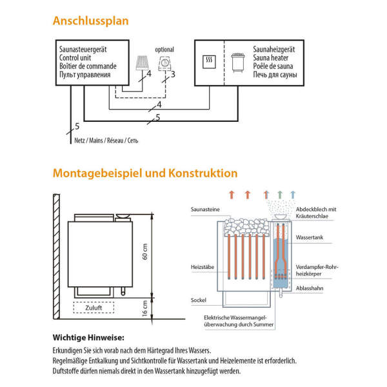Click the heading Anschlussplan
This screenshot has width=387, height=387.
coord(90,21)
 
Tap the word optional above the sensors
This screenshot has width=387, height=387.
coord(164,49)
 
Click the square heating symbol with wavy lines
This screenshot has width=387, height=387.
coord(209,62)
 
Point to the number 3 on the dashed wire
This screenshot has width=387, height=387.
coord(173,75)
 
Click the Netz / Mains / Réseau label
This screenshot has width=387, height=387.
coord(103,140)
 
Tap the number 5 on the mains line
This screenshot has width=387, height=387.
coord(77,126)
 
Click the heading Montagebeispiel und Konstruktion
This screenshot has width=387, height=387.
coord(145,174)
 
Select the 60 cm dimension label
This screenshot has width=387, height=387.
coord(145,255)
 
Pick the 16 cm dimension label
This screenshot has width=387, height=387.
coord(145,312)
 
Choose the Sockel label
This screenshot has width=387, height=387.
coord(199,301)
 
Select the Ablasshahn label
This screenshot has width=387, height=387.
coord(310,288)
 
